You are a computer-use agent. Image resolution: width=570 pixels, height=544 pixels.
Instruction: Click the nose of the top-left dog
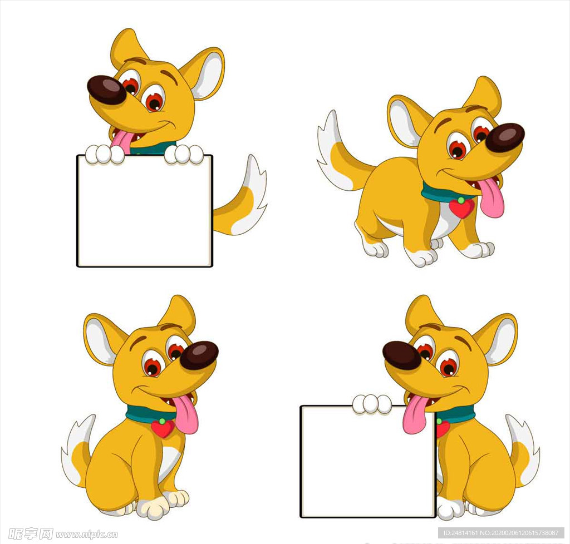[106, 90]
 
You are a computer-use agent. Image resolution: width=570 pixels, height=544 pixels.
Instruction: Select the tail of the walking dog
[340, 156]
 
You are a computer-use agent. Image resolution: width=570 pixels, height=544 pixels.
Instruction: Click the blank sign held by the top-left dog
[144, 211]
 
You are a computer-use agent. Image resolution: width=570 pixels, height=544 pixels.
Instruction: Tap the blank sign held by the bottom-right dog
[368, 461]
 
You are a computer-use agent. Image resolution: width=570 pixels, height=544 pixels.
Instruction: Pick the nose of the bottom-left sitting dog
[199, 355]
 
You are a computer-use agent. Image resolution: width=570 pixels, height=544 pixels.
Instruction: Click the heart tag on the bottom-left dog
[163, 428]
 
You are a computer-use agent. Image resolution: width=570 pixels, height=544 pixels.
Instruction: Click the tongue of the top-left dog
[122, 141]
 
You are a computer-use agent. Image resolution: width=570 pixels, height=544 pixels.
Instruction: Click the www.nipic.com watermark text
[87, 534]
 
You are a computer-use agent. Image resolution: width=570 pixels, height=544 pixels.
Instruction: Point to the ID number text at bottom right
[501, 533]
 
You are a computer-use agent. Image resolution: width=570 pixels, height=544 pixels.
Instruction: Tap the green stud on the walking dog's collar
[461, 200]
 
